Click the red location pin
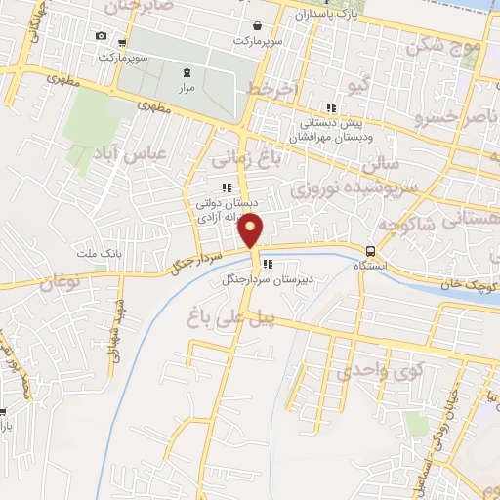[252, 231]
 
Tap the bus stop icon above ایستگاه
[370, 250]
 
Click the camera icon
[101, 36]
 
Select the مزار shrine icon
[187, 72]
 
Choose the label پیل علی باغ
[226, 314]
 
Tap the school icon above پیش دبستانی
[331, 108]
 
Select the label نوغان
[60, 283]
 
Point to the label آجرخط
[271, 89]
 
